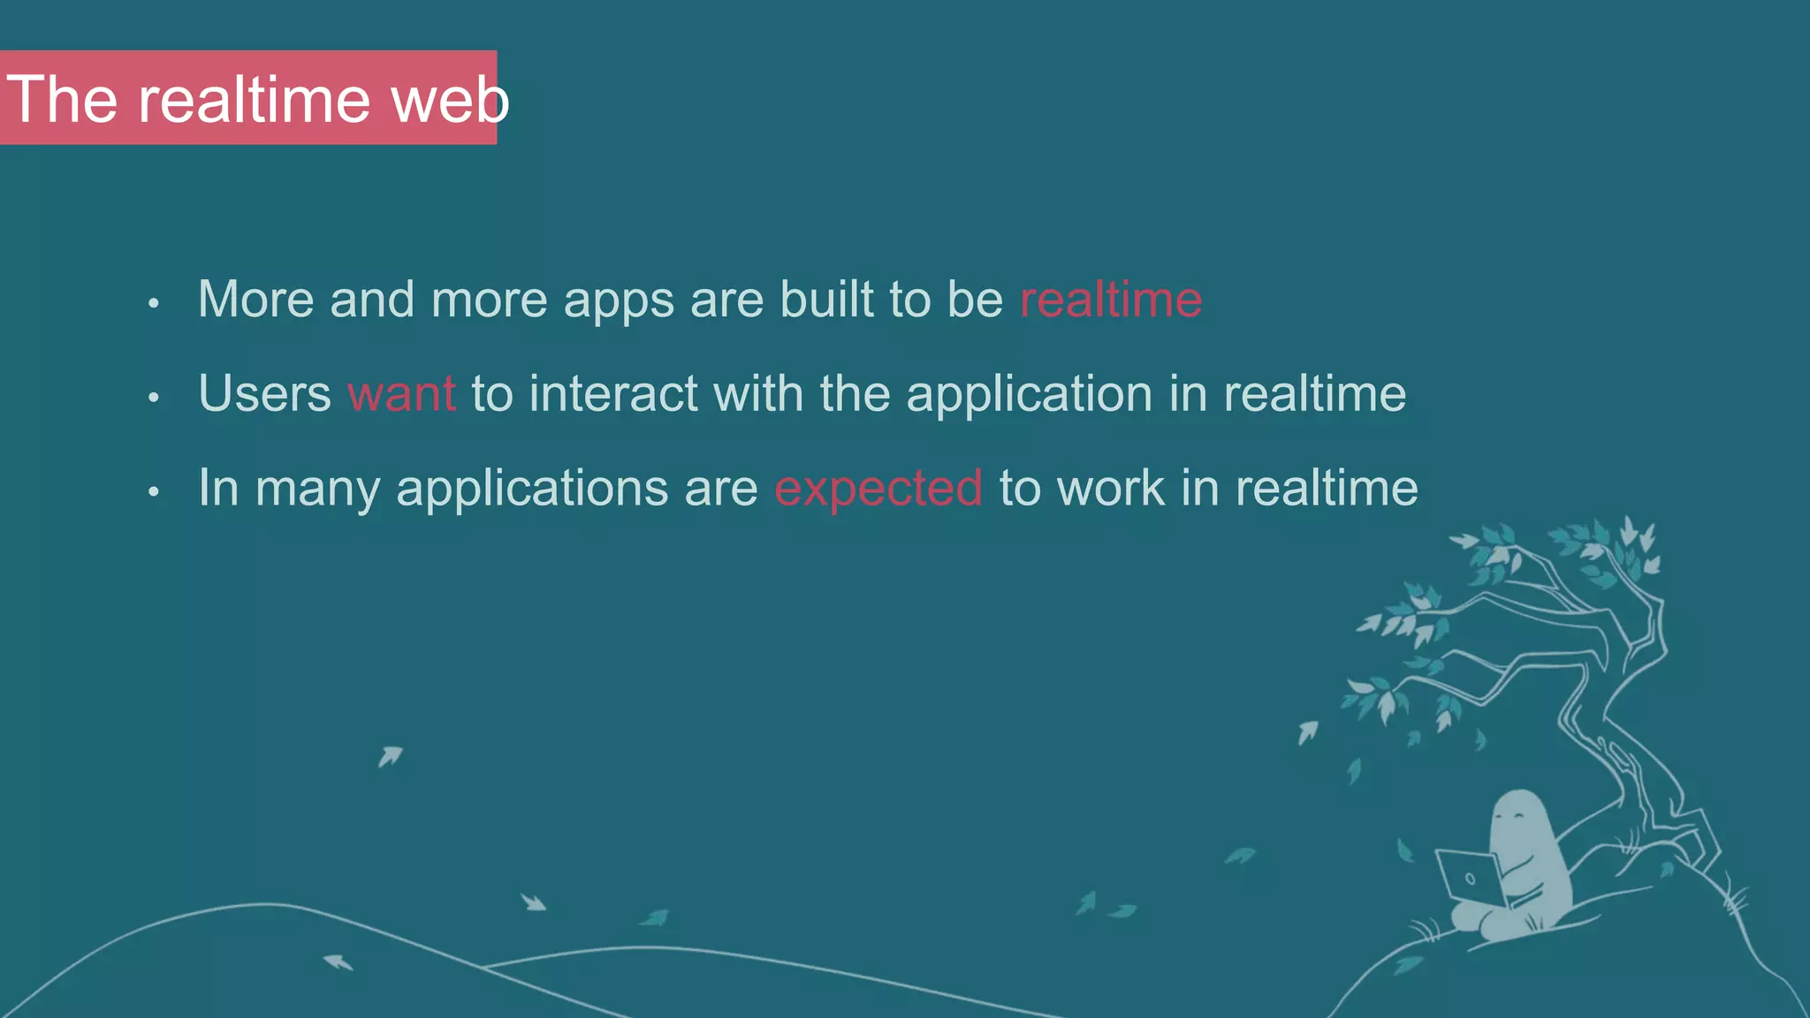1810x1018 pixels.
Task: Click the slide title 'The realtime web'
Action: (x=256, y=99)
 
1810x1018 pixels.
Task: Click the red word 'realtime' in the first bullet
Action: (x=1111, y=300)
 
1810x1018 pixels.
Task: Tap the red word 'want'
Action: (x=401, y=393)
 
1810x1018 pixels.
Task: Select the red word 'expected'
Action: (x=878, y=488)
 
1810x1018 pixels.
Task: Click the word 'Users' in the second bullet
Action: (x=264, y=393)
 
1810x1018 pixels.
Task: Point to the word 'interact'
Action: (x=613, y=393)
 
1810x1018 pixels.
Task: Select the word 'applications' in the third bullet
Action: (x=532, y=488)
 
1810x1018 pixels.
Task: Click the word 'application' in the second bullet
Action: (x=1030, y=393)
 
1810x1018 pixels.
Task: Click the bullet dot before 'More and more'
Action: (x=154, y=304)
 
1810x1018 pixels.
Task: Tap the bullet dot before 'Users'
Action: (x=154, y=398)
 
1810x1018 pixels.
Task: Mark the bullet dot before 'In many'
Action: (x=154, y=492)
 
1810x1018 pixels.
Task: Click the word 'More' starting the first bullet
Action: (x=255, y=300)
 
